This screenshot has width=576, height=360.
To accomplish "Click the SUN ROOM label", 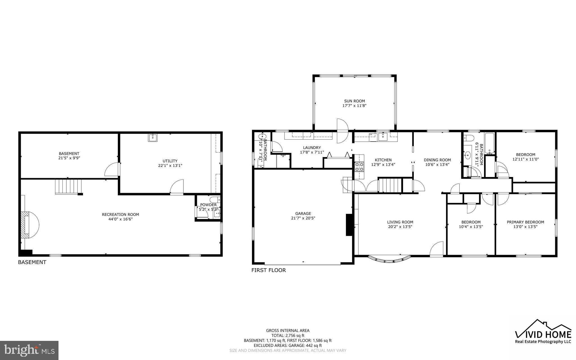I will click(354, 101).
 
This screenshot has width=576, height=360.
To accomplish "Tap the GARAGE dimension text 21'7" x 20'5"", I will click(303, 218).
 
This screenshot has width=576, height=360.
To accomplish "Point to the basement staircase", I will click(68, 187).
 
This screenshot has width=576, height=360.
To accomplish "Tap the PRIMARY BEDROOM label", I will click(525, 222).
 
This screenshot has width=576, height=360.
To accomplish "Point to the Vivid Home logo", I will click(543, 332).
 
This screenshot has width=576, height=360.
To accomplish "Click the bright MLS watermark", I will click(29, 350).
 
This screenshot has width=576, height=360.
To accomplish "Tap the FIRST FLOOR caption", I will click(268, 270).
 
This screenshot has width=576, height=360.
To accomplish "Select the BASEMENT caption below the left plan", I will click(32, 262).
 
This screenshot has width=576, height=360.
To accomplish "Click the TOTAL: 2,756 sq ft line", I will click(288, 336).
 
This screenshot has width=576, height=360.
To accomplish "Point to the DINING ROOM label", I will click(437, 160).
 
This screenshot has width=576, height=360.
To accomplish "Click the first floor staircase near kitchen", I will click(390, 185).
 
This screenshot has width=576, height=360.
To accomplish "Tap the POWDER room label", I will click(208, 205).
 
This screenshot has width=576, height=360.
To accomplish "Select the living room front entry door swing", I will click(437, 249).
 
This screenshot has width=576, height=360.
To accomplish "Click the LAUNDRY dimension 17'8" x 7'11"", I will click(312, 152).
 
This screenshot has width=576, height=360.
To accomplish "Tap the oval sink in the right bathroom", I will click(468, 155).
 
